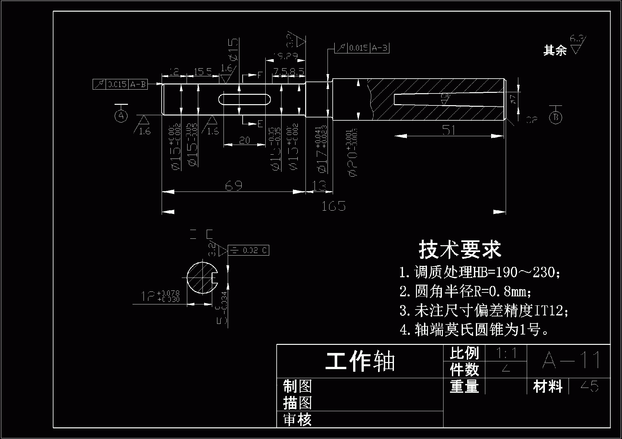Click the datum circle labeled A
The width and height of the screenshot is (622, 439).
point(121,116)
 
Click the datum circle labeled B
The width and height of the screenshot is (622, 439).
point(556,117)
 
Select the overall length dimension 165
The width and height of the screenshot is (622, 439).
point(334,206)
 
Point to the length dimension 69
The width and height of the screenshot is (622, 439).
point(234,186)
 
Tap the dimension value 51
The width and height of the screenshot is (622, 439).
point(449,130)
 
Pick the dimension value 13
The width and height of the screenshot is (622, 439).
point(319,186)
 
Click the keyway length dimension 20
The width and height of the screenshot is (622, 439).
point(245,140)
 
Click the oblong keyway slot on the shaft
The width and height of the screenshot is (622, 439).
point(245,99)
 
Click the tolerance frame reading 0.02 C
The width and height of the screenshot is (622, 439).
point(248,250)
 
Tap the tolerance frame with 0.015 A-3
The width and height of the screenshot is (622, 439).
point(362,48)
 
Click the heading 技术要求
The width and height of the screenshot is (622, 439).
point(460,250)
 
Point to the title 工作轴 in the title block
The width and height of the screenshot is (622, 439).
point(360,361)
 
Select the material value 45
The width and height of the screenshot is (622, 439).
point(589,386)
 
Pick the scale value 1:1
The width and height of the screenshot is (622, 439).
point(506,353)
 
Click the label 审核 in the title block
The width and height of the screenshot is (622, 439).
point(297,420)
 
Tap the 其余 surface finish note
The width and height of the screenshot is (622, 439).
point(555,50)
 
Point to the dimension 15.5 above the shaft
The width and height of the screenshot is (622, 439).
point(203,71)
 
